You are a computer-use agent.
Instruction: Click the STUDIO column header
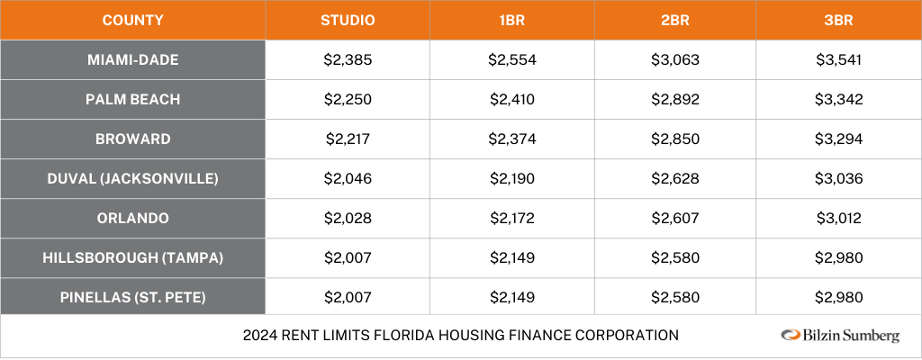click(x=348, y=20)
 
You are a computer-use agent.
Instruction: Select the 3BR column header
click(x=838, y=20)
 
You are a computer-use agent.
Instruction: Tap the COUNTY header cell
click(x=133, y=20)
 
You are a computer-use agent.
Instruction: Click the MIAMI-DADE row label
click(x=133, y=60)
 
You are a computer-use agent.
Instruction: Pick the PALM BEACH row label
click(x=133, y=100)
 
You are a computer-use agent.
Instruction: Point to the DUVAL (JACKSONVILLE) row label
click(x=133, y=178)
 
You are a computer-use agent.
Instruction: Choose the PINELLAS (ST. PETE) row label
click(x=133, y=297)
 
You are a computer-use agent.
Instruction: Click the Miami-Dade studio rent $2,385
click(x=348, y=60)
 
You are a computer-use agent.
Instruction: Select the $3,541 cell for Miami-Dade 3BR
click(x=838, y=60)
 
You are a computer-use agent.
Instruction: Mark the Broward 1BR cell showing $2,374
click(x=511, y=139)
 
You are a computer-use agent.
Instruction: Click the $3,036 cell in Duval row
click(x=838, y=178)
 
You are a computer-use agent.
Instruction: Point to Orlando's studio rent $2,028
click(x=348, y=218)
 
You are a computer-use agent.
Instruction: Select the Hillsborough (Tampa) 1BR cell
click(x=511, y=257)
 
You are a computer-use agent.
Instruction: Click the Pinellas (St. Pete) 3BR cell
click(x=838, y=297)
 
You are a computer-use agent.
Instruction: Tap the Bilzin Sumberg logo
click(x=839, y=336)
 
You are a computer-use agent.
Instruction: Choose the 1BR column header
click(x=511, y=20)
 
